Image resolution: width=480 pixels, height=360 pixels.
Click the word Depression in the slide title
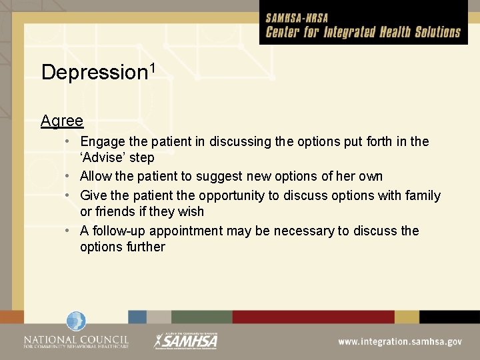(x=93, y=72)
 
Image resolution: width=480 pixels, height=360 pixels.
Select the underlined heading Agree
(x=61, y=121)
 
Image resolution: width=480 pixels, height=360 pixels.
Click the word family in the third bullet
(x=422, y=195)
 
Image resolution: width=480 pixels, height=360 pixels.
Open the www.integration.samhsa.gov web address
(x=399, y=341)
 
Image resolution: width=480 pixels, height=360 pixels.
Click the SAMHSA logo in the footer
(x=186, y=341)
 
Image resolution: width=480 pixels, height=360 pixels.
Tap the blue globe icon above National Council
(x=76, y=322)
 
